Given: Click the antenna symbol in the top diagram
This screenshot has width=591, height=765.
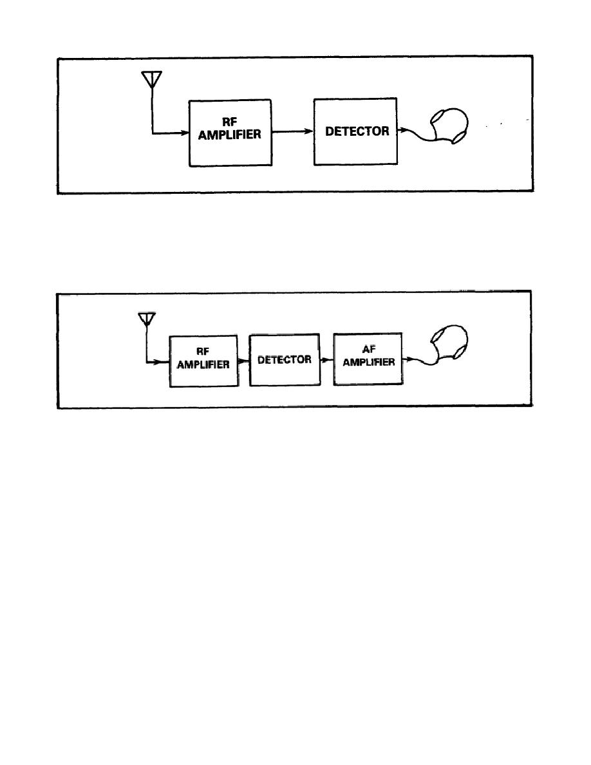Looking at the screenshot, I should pos(151,79).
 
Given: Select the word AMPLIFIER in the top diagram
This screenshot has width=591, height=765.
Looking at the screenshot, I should pos(230,137).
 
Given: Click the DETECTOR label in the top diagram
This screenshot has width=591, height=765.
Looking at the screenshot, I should pos(357,131).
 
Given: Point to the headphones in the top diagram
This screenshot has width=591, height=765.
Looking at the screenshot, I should pos(450,124).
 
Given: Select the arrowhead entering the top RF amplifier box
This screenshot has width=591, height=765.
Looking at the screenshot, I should pos(183,133).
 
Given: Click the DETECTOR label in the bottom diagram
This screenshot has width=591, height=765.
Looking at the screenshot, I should pos(285,359).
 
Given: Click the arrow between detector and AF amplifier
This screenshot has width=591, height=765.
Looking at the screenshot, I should pos(328,361).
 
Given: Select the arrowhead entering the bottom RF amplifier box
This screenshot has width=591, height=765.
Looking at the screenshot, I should pos(165,363).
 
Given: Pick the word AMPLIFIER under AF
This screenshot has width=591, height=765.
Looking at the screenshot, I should pos(369,363).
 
